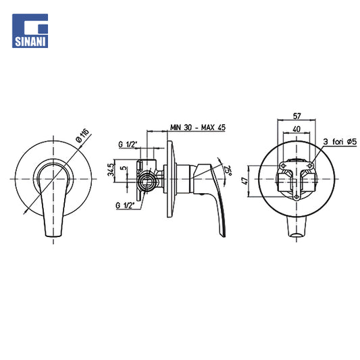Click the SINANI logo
tap(30, 31)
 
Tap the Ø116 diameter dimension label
tap(82, 136)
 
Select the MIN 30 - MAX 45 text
tap(198, 128)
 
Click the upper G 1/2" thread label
tap(128, 145)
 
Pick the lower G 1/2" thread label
tap(125, 205)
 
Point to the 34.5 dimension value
tap(111, 170)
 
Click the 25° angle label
tap(228, 170)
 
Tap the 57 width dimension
tap(297, 116)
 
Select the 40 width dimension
tap(297, 129)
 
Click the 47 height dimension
tap(245, 181)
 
